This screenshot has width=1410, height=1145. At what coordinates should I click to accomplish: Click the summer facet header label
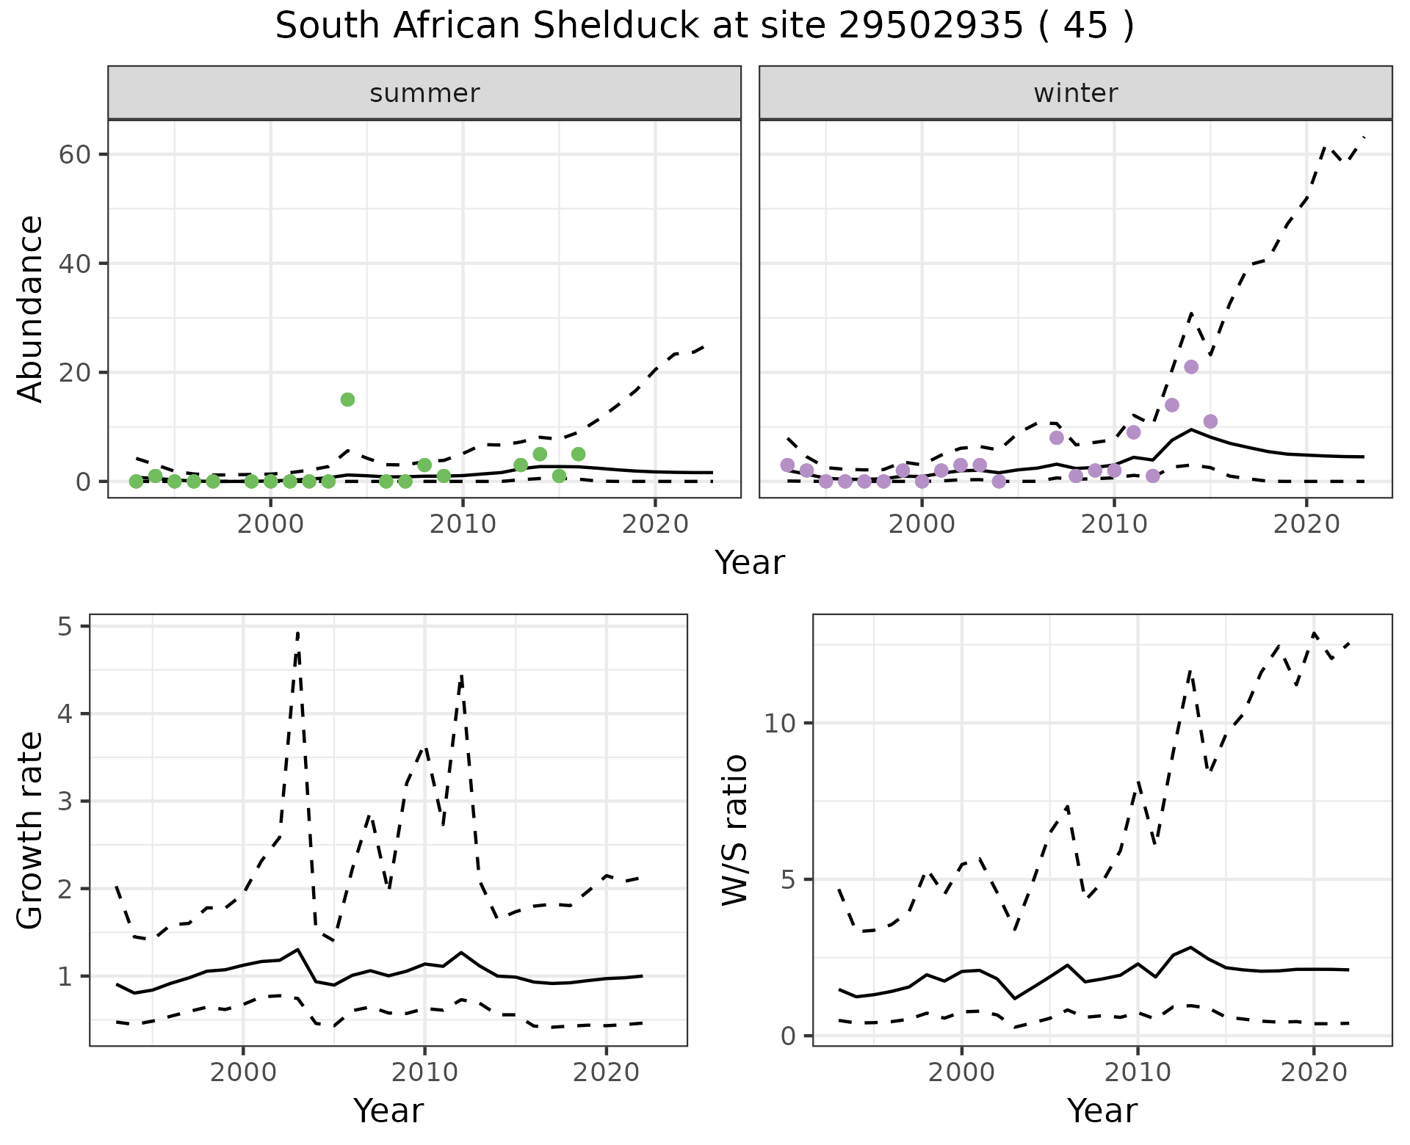click(x=424, y=93)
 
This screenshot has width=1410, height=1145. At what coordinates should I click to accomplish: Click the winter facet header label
click(x=1075, y=93)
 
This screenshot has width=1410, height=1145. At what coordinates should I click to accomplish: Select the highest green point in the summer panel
click(x=347, y=399)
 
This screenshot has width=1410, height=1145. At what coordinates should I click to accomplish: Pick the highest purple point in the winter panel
click(x=1191, y=367)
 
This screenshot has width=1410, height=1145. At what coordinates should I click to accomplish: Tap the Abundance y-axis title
click(x=31, y=308)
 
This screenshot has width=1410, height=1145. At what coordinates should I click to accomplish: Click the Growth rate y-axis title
click(x=31, y=830)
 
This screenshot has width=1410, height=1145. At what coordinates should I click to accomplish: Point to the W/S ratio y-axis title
click(x=734, y=830)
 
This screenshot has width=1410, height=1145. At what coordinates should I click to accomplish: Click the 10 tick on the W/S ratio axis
click(x=780, y=724)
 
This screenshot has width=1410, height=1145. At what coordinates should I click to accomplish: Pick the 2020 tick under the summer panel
click(x=655, y=524)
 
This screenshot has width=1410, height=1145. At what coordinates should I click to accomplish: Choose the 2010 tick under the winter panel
click(x=1114, y=524)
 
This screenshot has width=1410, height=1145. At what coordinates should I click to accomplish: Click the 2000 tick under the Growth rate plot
click(x=243, y=1072)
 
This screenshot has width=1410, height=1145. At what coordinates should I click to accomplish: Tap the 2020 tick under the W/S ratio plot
click(x=1313, y=1072)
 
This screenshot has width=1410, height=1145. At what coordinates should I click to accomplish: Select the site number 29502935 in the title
click(x=930, y=26)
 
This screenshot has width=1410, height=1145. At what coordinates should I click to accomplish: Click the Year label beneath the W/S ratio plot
click(x=1102, y=1111)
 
